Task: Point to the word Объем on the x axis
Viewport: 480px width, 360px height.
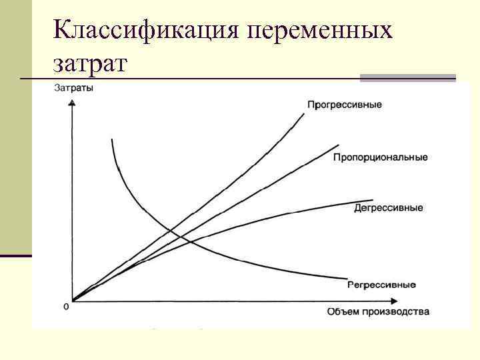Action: (x=341, y=311)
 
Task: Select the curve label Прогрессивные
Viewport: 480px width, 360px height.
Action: (x=344, y=105)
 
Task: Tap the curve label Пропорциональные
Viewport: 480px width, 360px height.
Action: (x=380, y=157)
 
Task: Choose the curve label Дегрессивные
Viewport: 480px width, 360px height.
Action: (x=389, y=208)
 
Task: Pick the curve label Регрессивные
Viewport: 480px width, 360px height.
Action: (x=381, y=285)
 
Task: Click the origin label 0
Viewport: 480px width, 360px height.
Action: (x=66, y=307)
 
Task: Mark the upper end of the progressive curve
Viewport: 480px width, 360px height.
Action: (x=305, y=113)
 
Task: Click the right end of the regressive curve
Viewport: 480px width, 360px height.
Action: (x=347, y=278)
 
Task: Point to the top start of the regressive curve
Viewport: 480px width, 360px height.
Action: (x=113, y=139)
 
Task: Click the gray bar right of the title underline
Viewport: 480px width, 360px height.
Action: (x=407, y=78)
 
